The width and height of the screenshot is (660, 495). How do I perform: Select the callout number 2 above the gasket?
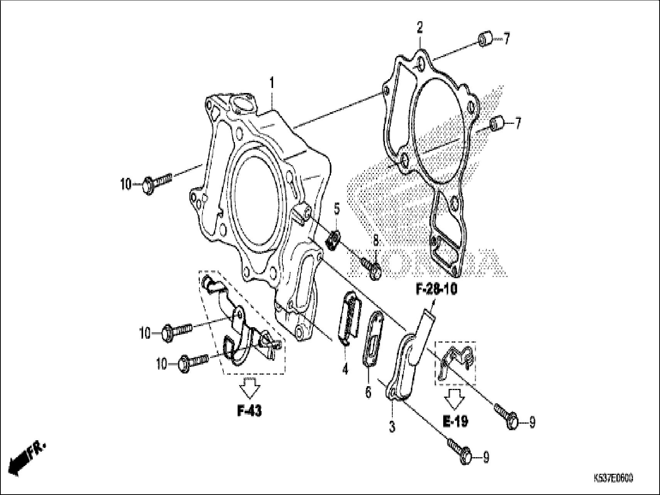tap(420, 28)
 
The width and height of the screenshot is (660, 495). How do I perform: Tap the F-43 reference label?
tap(249, 411)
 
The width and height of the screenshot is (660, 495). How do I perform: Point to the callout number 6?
tap(368, 392)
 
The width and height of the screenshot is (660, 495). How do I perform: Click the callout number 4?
tap(345, 369)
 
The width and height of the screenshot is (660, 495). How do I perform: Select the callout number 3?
tap(392, 427)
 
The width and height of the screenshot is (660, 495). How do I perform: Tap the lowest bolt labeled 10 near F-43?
tap(192, 362)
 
